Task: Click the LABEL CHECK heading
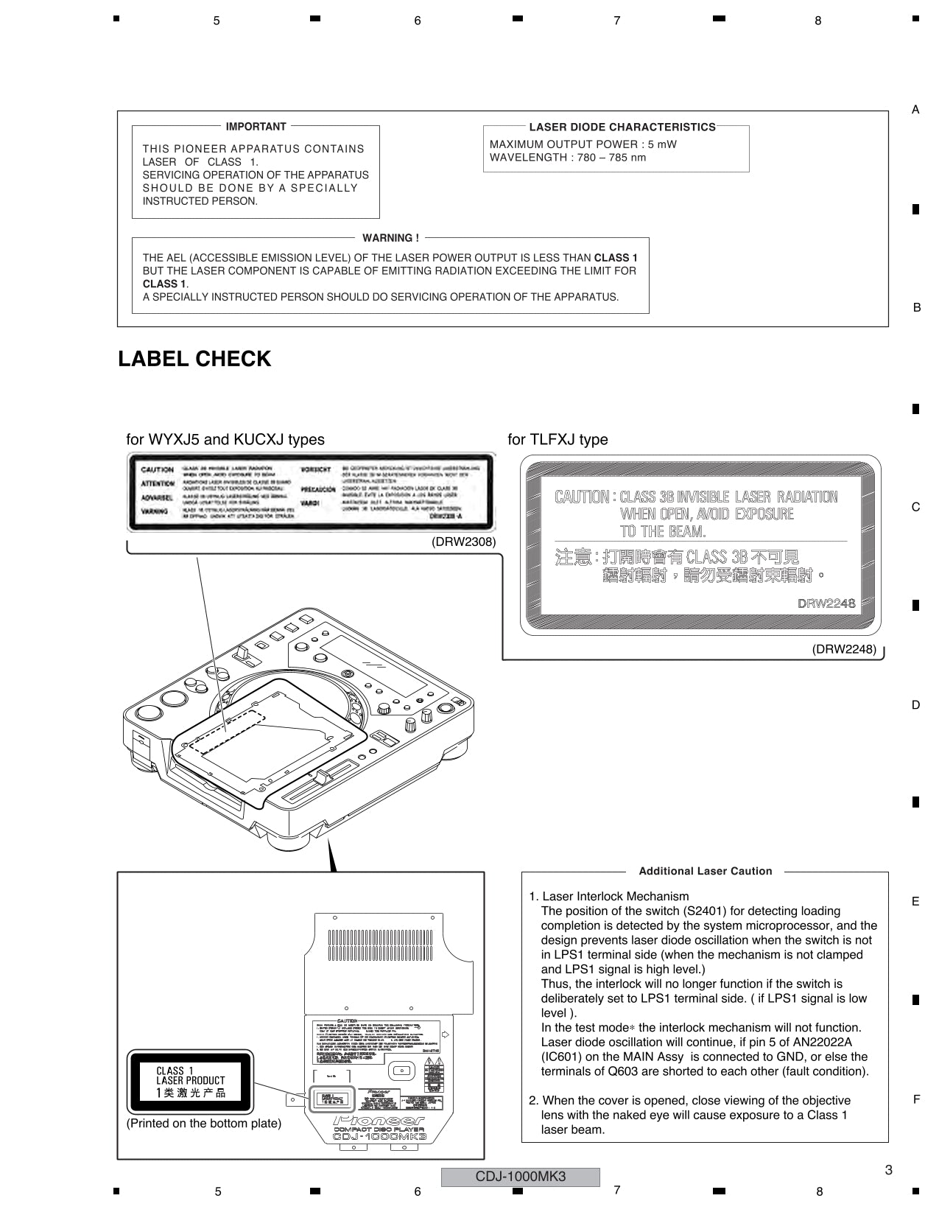click(x=194, y=359)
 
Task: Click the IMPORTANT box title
click(x=256, y=127)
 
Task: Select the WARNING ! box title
click(x=390, y=238)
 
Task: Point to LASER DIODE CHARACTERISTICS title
click(x=622, y=127)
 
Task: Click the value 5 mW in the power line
click(x=662, y=144)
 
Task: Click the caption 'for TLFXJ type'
click(x=558, y=439)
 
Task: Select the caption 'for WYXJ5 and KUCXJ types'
click(x=225, y=439)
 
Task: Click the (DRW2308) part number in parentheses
click(x=463, y=542)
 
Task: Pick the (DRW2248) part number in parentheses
click(x=844, y=649)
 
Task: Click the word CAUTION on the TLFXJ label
click(x=581, y=497)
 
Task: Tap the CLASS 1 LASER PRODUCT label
click(x=190, y=1082)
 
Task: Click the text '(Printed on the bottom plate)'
click(x=204, y=1124)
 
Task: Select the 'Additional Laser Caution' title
click(x=705, y=871)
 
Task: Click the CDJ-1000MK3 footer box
click(x=520, y=1177)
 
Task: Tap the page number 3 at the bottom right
click(x=888, y=1170)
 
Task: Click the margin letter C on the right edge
click(x=915, y=507)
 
